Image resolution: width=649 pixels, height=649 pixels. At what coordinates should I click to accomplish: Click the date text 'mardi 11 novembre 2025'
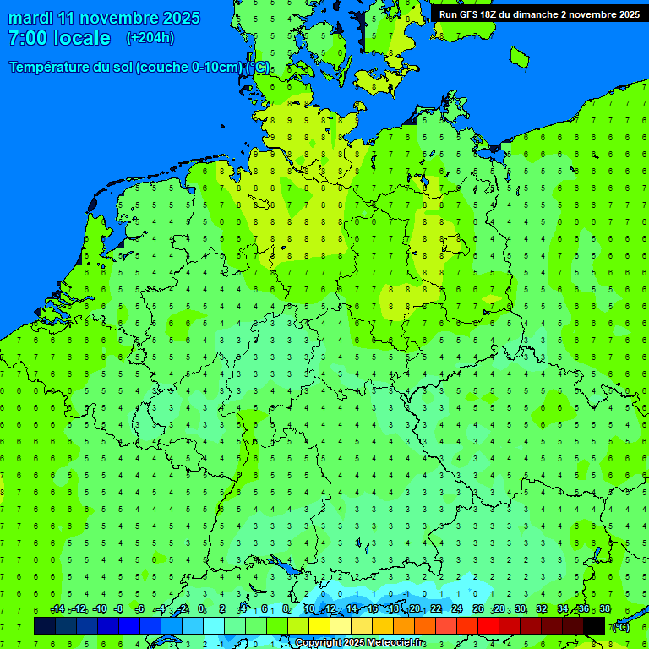tap(105, 18)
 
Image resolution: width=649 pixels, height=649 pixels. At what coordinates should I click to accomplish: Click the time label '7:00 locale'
tap(59, 38)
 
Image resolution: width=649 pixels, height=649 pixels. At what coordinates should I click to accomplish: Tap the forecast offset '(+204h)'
tap(150, 38)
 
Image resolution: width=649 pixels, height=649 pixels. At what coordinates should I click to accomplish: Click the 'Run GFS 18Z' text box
tap(539, 14)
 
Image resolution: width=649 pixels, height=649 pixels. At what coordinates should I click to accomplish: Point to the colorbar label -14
tap(57, 609)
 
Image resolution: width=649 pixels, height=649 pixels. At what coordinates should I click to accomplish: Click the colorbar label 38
tap(604, 609)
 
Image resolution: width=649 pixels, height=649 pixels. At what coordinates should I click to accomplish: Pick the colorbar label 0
tap(201, 609)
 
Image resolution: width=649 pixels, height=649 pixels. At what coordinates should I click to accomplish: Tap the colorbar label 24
tap(457, 609)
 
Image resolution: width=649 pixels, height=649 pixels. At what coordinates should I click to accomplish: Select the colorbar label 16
tap(373, 609)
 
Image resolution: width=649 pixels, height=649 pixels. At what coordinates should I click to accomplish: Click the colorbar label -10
tap(100, 609)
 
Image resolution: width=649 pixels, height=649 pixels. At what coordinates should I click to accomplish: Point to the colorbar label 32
tap(542, 609)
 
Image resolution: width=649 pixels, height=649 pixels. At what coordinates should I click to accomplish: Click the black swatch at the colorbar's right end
tap(594, 625)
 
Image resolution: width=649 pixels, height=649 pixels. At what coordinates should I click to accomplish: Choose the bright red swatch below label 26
tap(488, 625)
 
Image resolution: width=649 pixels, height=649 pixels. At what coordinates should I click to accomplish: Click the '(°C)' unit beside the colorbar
tap(621, 627)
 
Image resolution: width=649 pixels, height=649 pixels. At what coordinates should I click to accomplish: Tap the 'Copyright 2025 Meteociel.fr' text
tap(360, 643)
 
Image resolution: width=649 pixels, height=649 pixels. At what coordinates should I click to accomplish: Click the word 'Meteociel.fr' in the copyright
tap(395, 643)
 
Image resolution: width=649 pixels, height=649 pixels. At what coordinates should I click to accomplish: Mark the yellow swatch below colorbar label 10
tap(319, 625)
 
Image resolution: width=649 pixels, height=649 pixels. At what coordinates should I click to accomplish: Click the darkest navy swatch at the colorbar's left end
tap(45, 625)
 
